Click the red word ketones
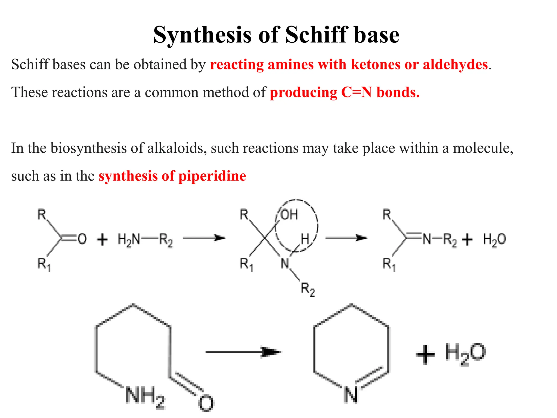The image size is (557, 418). pos(376,65)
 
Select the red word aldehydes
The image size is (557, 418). pos(455,65)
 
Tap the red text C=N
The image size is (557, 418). pos(356,93)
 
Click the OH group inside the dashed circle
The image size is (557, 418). pos(289,215)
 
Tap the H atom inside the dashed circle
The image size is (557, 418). pos(305,239)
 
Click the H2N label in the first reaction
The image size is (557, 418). pos(129,240)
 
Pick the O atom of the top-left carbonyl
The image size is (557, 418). pos(82,239)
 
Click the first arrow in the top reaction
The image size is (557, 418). pos(204,238)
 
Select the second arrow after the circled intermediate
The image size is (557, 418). pos(346,238)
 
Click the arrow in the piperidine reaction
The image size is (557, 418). pos(243,352)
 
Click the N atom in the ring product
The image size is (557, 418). pos(351,395)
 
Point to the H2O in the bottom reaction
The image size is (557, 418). pos(465,353)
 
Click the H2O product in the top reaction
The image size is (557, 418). pos(494,240)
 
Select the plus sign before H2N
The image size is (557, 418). pos(102,240)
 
